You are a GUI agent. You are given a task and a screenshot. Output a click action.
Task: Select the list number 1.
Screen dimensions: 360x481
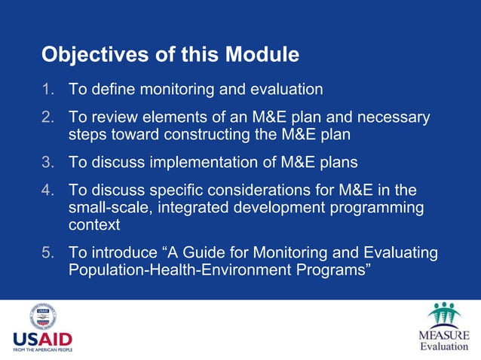(x=48, y=90)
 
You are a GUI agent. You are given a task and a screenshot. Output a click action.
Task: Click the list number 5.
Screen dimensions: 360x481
(x=48, y=254)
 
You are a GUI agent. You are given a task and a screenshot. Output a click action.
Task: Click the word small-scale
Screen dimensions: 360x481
(x=109, y=207)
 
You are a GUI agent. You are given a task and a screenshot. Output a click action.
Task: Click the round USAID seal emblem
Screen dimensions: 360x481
(x=42, y=315)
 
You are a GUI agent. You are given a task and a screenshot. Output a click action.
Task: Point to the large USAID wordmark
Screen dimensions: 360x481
(x=42, y=338)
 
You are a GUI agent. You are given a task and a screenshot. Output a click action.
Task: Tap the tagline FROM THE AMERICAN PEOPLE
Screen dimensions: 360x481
(x=42, y=349)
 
